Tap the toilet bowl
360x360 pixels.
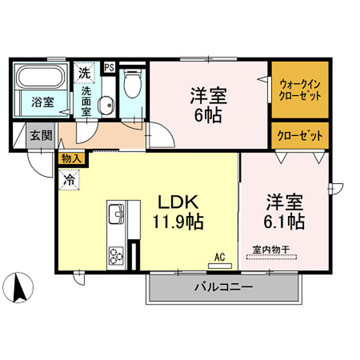point(133,84)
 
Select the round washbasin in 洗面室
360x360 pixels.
point(106,105)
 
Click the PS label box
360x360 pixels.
point(109,67)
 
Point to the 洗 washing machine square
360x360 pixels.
point(84,73)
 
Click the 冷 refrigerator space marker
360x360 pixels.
point(69,180)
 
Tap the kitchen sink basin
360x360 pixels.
point(116,214)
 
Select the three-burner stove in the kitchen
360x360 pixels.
point(116,256)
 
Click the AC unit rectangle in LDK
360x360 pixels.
point(220,266)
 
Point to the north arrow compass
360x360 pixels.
point(20,287)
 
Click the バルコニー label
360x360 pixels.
point(224,287)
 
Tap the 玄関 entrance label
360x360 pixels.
point(41,135)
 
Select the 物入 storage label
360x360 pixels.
point(71,158)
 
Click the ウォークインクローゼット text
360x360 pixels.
point(300,90)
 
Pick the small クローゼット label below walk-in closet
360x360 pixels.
point(300,136)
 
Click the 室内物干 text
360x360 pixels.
point(271,249)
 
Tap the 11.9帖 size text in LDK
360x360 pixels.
point(178,222)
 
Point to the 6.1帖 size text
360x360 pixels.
point(284,222)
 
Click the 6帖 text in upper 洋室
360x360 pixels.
point(208,115)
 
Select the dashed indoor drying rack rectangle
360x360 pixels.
point(272,257)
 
